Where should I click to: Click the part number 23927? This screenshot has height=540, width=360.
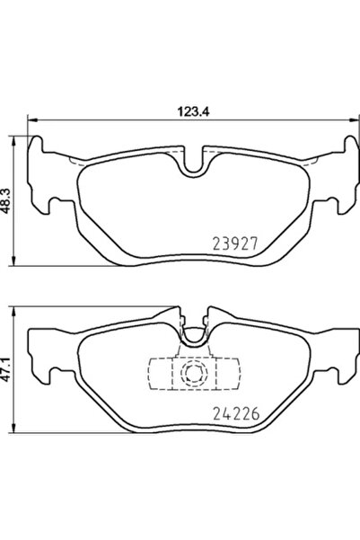tap(236, 243)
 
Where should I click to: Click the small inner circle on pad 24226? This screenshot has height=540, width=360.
tap(190, 375)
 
